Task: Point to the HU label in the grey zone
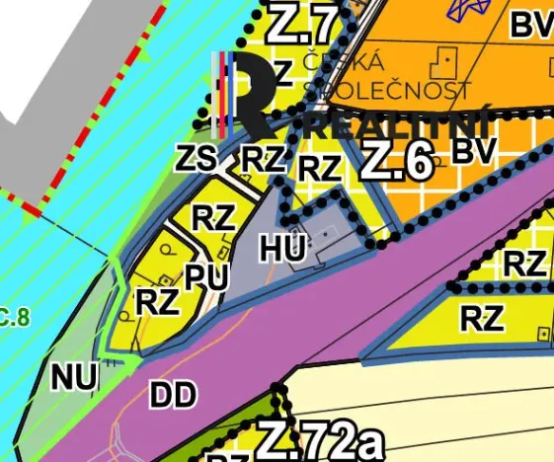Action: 284,248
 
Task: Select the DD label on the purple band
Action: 173,396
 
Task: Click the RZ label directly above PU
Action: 212,217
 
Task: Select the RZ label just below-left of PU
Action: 156,301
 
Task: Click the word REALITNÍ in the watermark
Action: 399,126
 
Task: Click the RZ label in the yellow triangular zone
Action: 482,318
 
